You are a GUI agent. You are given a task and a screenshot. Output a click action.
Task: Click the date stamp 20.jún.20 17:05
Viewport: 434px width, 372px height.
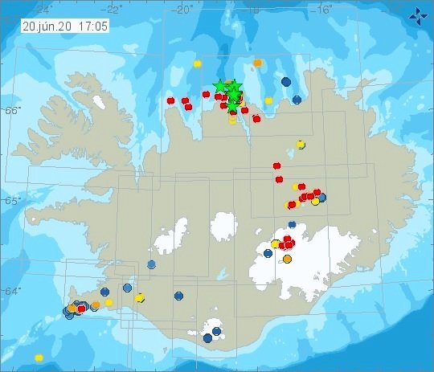[55, 26]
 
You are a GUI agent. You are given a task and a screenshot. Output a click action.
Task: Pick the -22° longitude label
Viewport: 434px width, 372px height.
[114, 9]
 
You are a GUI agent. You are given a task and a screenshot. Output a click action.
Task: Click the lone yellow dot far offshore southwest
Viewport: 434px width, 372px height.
[39, 358]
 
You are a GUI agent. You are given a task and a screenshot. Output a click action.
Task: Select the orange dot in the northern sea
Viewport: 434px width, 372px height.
[258, 62]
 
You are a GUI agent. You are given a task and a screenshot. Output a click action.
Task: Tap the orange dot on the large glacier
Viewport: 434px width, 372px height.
[288, 259]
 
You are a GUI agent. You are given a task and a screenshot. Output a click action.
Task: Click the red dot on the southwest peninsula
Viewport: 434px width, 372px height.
[81, 309]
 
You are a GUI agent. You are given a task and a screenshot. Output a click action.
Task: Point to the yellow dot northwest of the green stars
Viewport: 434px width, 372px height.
[196, 63]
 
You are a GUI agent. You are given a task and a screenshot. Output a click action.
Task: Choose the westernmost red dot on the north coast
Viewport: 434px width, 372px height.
[170, 100]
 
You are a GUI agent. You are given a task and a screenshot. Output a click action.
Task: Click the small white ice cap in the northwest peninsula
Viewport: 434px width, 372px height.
[99, 103]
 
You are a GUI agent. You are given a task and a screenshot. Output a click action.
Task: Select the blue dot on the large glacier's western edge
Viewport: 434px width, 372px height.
[268, 253]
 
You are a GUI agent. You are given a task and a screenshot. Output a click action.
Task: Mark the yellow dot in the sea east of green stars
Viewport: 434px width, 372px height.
[269, 100]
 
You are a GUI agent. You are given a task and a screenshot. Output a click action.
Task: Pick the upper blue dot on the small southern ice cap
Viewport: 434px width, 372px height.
[217, 330]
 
